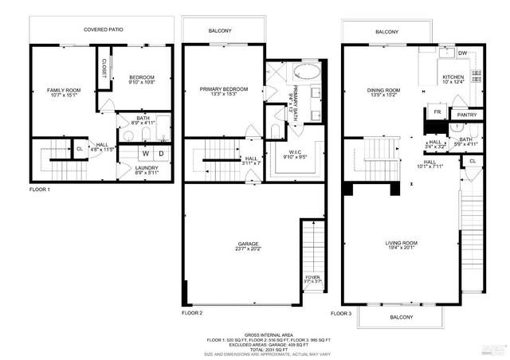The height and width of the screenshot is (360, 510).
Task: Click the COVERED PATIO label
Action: click(x=101, y=30)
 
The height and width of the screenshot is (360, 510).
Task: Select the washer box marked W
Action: click(x=146, y=152)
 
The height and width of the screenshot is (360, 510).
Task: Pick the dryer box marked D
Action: click(x=162, y=152)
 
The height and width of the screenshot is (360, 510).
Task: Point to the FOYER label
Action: click(x=312, y=277)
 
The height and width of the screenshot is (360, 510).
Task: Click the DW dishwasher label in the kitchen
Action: click(x=463, y=53)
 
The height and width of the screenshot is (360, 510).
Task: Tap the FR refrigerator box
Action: click(x=437, y=112)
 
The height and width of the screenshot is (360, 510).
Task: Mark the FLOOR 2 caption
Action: click(x=192, y=313)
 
